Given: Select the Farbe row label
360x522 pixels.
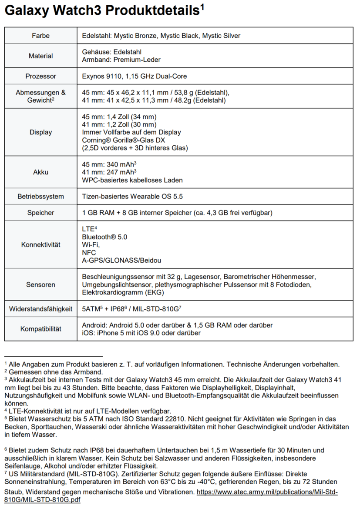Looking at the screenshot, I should click(41, 36).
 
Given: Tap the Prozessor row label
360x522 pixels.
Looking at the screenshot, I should click(41, 76).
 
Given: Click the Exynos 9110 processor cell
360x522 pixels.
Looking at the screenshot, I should click(135, 76).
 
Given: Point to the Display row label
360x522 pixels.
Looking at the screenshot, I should click(41, 132).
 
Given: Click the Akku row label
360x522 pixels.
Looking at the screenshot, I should click(41, 172).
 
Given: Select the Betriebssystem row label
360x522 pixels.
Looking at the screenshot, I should click(41, 197).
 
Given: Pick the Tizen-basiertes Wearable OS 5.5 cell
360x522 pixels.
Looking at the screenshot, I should click(132, 197).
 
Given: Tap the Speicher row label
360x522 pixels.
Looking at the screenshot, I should click(41, 213).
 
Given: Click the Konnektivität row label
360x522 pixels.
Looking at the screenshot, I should click(41, 244).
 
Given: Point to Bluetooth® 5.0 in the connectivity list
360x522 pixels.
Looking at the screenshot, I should click(104, 237).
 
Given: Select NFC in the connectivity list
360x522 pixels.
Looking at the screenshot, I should click(89, 252).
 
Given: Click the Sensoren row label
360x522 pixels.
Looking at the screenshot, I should click(41, 284).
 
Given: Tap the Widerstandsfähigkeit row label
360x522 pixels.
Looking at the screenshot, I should click(41, 309).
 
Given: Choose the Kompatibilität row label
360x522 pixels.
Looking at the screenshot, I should click(41, 329).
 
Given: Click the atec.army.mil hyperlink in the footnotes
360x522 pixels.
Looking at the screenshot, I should click(267, 492).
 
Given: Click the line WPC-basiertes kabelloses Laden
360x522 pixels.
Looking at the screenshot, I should click(132, 180).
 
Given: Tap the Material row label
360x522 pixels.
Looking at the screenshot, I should click(41, 56).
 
